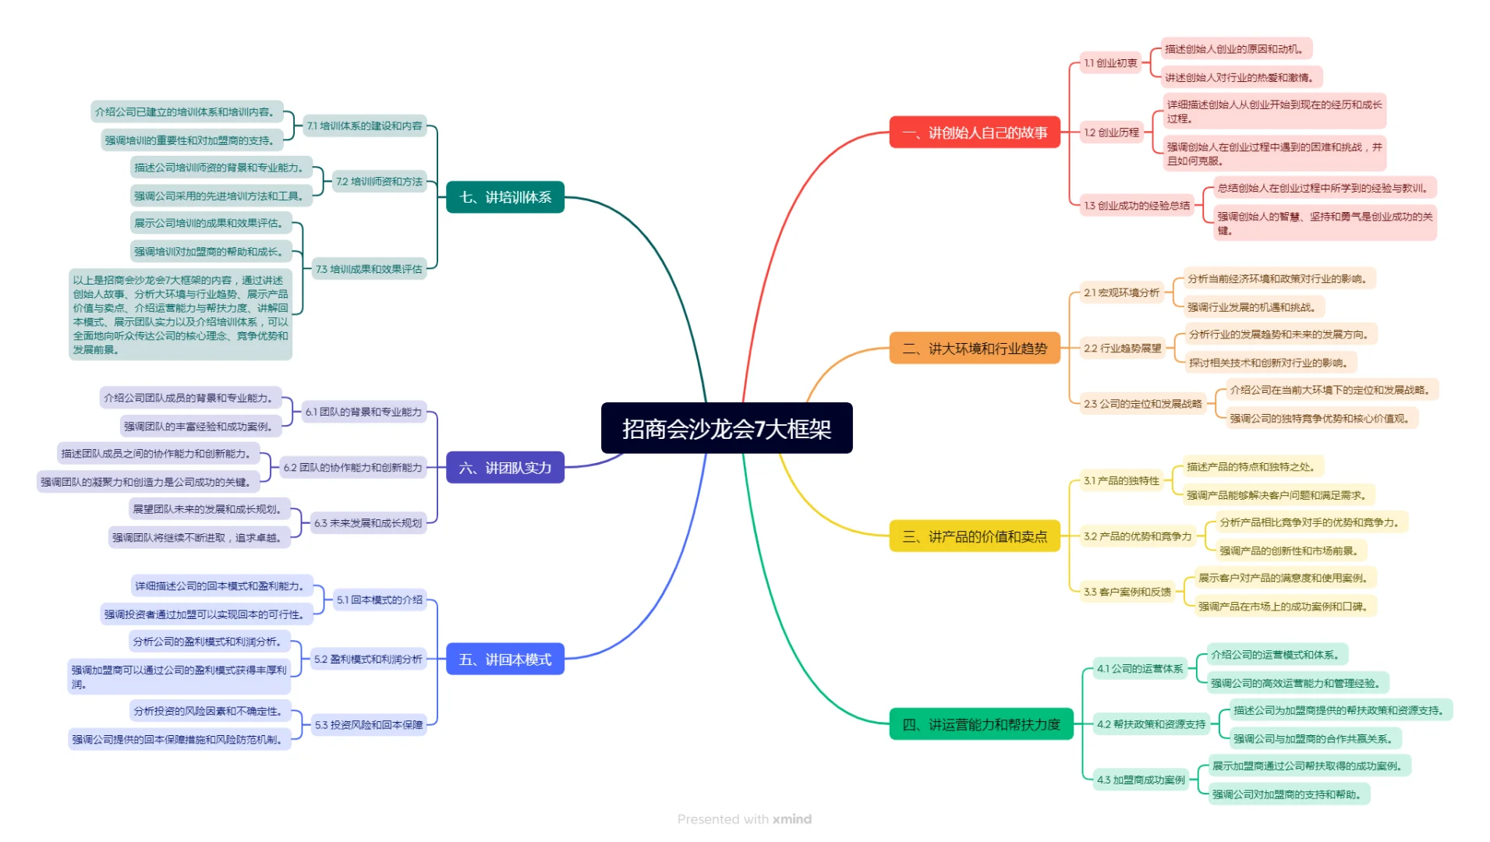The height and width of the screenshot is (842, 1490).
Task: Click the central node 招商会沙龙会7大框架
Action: tap(727, 428)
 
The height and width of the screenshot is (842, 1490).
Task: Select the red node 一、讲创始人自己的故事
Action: tap(975, 133)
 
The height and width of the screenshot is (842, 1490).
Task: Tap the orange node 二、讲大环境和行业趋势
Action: tap(975, 348)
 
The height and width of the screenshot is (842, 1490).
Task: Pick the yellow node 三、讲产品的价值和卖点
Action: tap(975, 536)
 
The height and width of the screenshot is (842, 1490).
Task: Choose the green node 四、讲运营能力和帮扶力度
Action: tap(981, 724)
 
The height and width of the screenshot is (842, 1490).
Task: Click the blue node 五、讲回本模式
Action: tap(505, 660)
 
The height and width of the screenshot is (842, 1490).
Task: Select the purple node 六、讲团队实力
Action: tap(505, 468)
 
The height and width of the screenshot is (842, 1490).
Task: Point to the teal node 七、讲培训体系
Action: tap(505, 197)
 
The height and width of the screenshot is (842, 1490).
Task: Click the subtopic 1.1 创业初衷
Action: tap(1110, 63)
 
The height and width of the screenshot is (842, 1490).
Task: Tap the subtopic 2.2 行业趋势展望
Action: tap(1122, 348)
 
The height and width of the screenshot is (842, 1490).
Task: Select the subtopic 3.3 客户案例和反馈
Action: tap(1127, 592)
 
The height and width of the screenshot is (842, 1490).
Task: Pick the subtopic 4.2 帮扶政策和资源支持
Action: tap(1151, 724)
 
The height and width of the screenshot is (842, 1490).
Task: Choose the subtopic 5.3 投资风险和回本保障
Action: tap(369, 725)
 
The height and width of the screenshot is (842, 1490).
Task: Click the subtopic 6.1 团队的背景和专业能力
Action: tap(363, 412)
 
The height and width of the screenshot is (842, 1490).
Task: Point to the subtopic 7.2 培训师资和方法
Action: tap(379, 182)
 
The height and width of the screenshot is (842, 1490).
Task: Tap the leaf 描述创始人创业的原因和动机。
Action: tap(1236, 49)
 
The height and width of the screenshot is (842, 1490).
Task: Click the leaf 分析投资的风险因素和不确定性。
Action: tap(210, 711)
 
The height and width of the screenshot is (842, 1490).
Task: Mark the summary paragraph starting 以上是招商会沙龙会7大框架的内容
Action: tap(181, 315)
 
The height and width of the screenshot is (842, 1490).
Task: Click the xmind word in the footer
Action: tap(792, 819)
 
